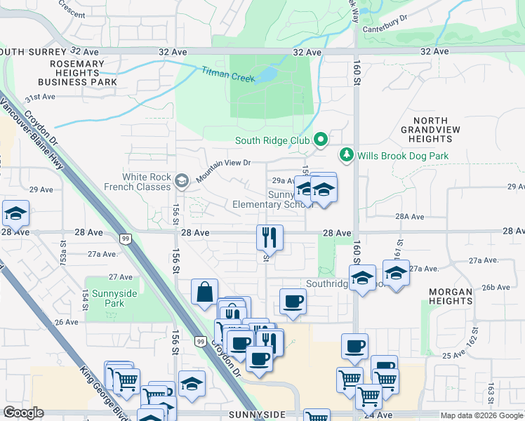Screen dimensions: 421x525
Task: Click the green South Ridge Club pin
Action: point(321,140)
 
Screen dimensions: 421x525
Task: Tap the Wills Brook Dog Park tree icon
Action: point(346,154)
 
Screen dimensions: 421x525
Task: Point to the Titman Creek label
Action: point(228,75)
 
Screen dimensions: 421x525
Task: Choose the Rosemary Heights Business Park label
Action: point(59,73)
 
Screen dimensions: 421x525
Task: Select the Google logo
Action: point(23,413)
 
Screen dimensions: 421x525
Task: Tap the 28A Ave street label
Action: point(410,218)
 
